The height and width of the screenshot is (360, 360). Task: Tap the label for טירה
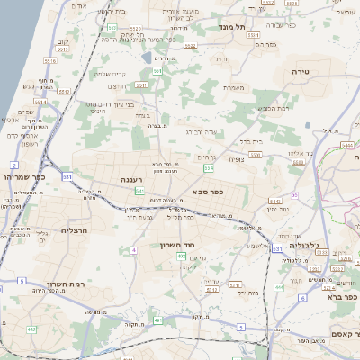(301, 70)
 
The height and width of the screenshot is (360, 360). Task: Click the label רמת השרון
(68, 283)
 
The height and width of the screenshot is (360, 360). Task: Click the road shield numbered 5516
(50, 61)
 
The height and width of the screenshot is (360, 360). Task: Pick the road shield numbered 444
(280, 287)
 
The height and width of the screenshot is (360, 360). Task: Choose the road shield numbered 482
(32, 328)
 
